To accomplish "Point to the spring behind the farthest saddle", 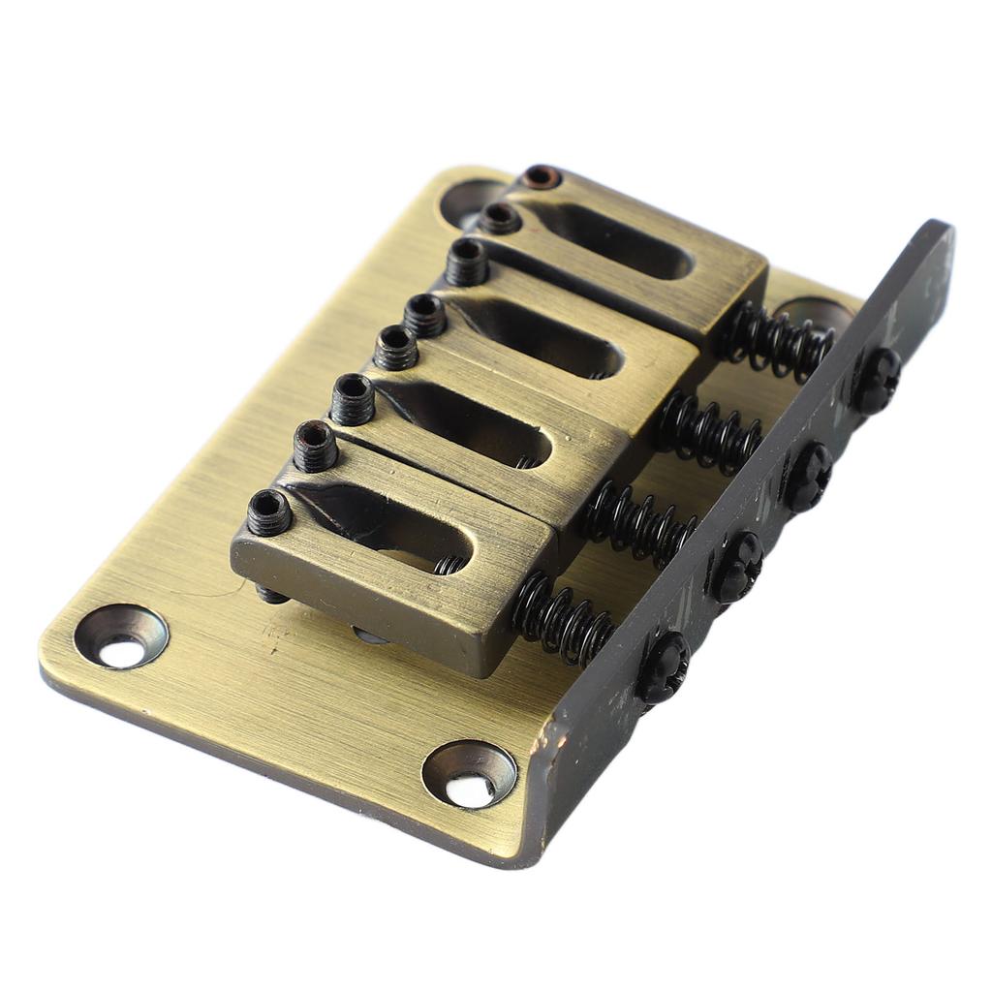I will click(x=776, y=338).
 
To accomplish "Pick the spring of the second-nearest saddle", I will click(x=638, y=524).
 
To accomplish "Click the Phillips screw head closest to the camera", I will click(x=663, y=667).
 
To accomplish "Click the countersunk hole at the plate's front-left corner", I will click(x=122, y=638).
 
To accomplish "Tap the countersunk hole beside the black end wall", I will click(x=470, y=775).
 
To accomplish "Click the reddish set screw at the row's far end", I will click(x=540, y=177).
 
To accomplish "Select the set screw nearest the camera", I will click(x=269, y=512).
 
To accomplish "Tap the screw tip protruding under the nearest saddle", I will click(x=271, y=593).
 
